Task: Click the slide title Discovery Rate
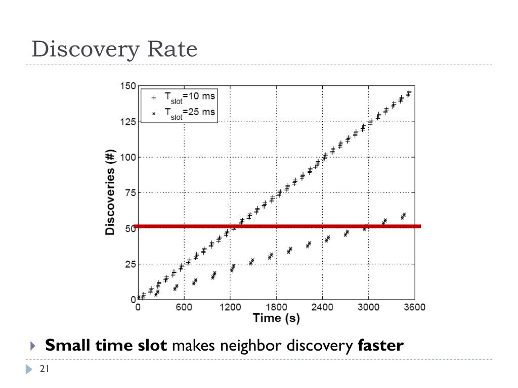pyautogui.click(x=114, y=50)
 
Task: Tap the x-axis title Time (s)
pyautogui.click(x=276, y=318)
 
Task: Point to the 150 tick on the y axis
pyautogui.click(x=127, y=86)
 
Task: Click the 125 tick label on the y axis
pyautogui.click(x=127, y=122)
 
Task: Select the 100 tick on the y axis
pyautogui.click(x=127, y=157)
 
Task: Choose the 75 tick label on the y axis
pyautogui.click(x=129, y=192)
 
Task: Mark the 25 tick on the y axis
pyautogui.click(x=129, y=264)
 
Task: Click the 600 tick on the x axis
pyautogui.click(x=184, y=307)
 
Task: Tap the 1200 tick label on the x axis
pyautogui.click(x=230, y=307)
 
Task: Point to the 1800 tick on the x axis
pyautogui.click(x=276, y=307)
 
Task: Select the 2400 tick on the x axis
pyautogui.click(x=322, y=307)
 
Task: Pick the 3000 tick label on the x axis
pyautogui.click(x=368, y=307)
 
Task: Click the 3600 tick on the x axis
pyautogui.click(x=414, y=307)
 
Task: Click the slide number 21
pyautogui.click(x=44, y=369)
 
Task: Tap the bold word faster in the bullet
pyautogui.click(x=380, y=346)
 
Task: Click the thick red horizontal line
pyautogui.click(x=304, y=226)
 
